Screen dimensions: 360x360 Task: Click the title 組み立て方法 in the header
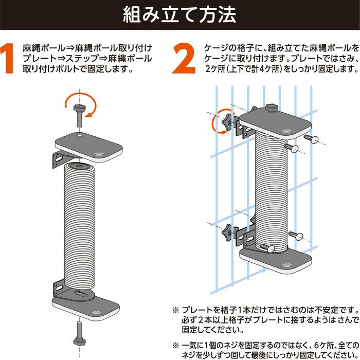[179, 15]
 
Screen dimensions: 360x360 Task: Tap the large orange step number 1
[7, 58]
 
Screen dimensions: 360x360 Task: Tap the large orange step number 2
[184, 58]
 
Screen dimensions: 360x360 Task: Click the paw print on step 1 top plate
[99, 154]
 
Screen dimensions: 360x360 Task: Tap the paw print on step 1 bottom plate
[97, 313]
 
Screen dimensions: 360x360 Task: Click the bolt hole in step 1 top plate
[79, 135]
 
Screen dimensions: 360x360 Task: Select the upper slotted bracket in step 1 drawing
[60, 159]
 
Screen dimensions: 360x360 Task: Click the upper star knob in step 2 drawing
[230, 123]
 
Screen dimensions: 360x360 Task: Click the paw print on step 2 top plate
[286, 131]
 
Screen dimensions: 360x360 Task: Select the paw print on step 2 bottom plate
[287, 265]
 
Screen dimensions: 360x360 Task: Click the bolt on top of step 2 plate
[272, 108]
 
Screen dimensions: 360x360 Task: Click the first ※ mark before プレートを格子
[176, 311]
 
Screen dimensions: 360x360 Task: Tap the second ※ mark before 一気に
[176, 346]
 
